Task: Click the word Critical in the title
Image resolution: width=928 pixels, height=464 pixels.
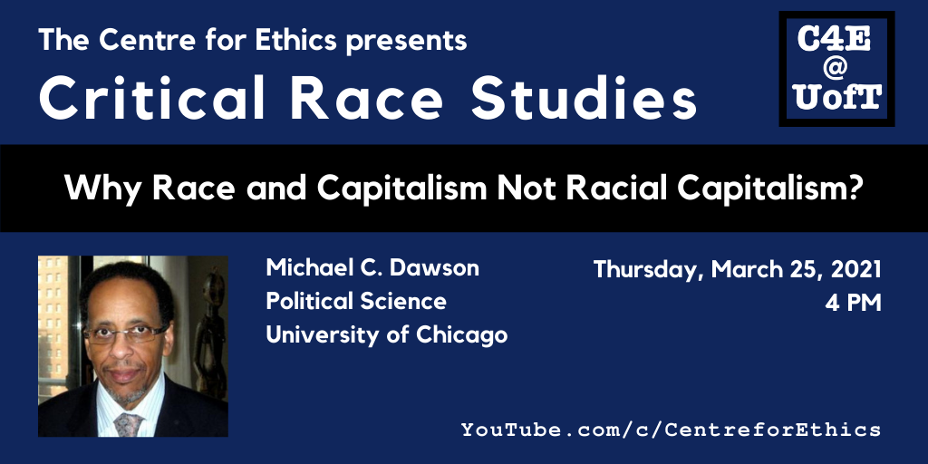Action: coord(152,98)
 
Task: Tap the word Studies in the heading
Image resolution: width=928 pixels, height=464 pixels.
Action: coord(585,98)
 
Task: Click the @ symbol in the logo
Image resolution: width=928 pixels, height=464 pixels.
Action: coord(836,69)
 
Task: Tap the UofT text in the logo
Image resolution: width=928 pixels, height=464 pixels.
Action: coord(837,96)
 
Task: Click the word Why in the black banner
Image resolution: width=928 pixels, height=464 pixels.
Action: coord(103,188)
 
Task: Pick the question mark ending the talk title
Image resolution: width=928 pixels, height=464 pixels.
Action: coord(852,187)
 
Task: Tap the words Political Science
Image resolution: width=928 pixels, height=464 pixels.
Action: coord(356,301)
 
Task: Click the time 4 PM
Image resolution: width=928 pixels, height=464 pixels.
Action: coord(854,303)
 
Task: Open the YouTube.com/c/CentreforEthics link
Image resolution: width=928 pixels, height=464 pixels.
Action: coord(671,429)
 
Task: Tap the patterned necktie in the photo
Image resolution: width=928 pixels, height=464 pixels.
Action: coord(130,424)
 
